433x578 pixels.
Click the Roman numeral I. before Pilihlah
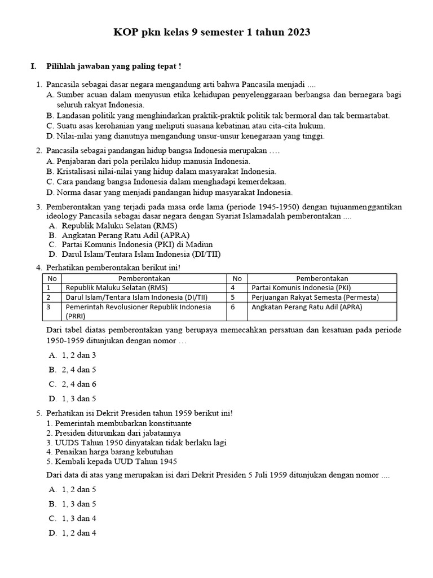tap(34, 67)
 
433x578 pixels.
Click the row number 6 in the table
tap(232, 307)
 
